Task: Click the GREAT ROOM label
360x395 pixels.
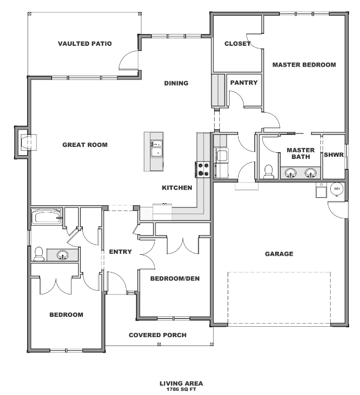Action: point(85,145)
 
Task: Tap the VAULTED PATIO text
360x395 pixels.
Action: point(85,44)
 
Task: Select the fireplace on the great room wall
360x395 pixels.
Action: point(25,142)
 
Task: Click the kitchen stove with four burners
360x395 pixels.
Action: point(203,169)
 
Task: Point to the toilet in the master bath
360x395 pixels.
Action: point(268,171)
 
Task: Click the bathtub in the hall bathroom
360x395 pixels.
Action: point(46,217)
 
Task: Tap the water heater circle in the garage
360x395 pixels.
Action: point(337,189)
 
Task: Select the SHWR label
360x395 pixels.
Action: point(334,155)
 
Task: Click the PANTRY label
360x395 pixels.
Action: point(244,83)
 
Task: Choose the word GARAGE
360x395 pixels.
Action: point(279,254)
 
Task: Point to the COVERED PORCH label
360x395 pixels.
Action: point(158,335)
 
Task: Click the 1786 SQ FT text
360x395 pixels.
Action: point(181,389)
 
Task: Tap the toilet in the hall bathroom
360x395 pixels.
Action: point(39,254)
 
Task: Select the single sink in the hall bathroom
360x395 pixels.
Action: point(62,255)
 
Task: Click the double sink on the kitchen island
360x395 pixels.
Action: point(156,148)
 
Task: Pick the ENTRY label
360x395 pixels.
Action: point(120,252)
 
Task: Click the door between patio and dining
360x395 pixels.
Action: point(129,60)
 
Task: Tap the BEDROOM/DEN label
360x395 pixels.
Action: point(175,279)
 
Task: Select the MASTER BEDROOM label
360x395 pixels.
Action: point(304,65)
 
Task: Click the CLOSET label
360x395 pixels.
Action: point(238,44)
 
